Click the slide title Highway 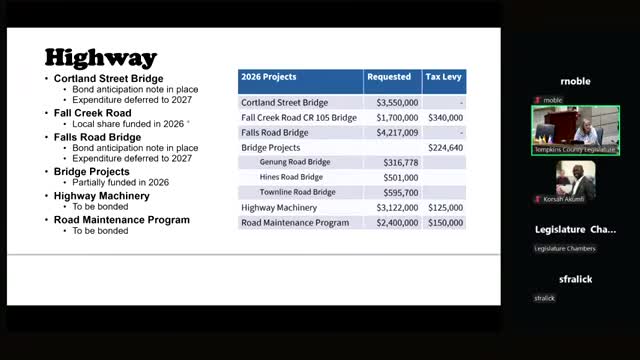point(100,57)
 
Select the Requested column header point(389,77)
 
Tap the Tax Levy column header point(443,77)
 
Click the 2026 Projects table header point(269,77)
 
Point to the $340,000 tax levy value point(445,118)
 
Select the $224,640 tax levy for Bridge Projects point(445,147)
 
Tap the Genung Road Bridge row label point(297,162)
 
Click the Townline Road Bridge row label point(299,192)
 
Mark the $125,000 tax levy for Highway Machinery point(445,207)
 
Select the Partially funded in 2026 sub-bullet point(120,182)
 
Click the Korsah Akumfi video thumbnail point(575,181)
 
